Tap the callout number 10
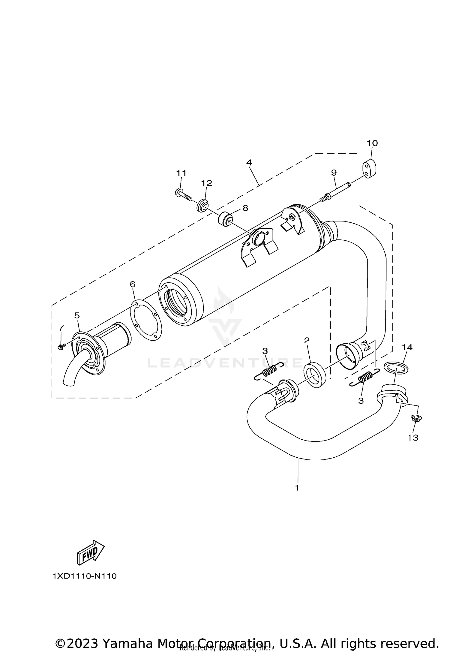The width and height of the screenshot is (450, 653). point(372,143)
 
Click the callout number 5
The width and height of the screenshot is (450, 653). point(77,315)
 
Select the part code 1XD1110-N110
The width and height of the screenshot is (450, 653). point(85,576)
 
